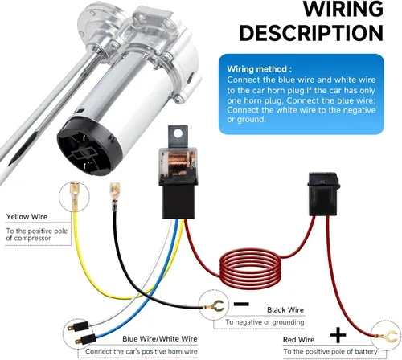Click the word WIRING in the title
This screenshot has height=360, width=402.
coord(343,9)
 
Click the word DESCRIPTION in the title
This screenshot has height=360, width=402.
coord(311,33)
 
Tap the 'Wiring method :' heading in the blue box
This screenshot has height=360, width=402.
coord(259,69)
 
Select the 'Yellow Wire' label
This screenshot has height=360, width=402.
coord(27,216)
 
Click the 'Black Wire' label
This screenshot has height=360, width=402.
coord(285,310)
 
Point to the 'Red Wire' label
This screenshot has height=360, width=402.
coord(298,340)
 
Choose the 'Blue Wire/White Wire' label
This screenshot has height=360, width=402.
coord(160,339)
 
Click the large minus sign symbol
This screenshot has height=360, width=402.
coord(241,304)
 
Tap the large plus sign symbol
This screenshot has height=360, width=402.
coord(338,335)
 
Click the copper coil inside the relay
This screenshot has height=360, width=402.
coord(178,162)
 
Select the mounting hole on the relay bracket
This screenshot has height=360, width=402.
coord(177,133)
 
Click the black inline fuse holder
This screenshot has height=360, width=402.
coord(323,194)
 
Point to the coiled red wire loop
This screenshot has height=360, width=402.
coord(250,268)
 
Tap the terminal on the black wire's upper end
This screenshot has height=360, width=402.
coord(115,196)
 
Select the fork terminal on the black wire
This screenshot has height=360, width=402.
coord(215,306)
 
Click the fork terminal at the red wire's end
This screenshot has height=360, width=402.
coord(388,336)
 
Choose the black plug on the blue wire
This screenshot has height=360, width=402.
coord(86,340)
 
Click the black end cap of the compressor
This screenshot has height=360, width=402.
coord(88,146)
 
